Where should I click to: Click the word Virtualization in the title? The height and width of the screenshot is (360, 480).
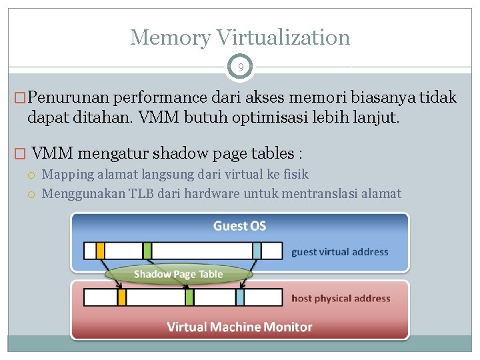(x=280, y=37)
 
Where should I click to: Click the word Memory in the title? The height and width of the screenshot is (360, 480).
(x=169, y=37)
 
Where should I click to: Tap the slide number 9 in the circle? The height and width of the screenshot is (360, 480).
(x=240, y=67)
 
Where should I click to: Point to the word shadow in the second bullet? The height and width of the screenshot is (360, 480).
(x=179, y=153)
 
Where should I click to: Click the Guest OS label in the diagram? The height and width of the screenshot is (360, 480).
(x=239, y=226)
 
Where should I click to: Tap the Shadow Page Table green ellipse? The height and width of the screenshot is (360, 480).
(x=178, y=274)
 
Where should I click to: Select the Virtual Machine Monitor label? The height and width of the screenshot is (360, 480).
(x=239, y=327)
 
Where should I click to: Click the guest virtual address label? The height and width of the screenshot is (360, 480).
(x=339, y=252)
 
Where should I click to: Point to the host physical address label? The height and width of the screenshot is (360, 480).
(x=341, y=298)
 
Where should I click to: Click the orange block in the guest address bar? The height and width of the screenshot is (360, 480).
(x=101, y=251)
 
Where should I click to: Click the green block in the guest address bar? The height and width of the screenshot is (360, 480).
(x=147, y=251)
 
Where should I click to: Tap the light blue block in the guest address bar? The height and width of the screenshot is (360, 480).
(x=257, y=251)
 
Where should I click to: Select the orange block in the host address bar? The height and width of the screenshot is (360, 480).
(x=122, y=297)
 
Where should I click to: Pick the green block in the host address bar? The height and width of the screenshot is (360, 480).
(x=190, y=297)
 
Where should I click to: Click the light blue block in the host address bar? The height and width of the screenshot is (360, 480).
(x=240, y=297)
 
